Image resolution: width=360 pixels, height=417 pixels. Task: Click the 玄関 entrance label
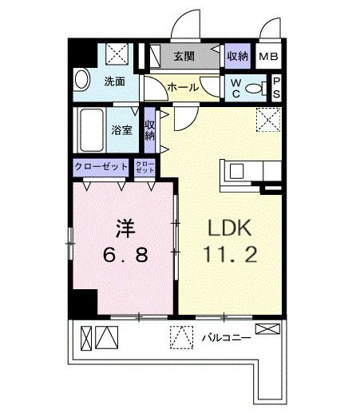[184, 56]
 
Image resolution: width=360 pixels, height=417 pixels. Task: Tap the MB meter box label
[269, 56]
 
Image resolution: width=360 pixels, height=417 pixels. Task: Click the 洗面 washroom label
[115, 81]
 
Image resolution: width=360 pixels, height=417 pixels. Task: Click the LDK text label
[230, 229]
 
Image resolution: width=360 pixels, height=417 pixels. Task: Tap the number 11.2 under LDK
[230, 257]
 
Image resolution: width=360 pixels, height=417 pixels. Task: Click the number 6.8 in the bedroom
[124, 257]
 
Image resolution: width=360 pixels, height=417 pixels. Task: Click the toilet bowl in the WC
[254, 89]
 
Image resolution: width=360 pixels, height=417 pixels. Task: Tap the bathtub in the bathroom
[90, 128]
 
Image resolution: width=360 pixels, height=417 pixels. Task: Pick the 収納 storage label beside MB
[236, 56]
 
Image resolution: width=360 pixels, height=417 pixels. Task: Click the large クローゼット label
[101, 167]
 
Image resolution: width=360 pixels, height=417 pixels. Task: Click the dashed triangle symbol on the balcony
[181, 337]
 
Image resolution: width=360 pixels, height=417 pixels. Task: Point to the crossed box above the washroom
[120, 54]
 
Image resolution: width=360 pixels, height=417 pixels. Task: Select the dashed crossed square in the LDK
[267, 121]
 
